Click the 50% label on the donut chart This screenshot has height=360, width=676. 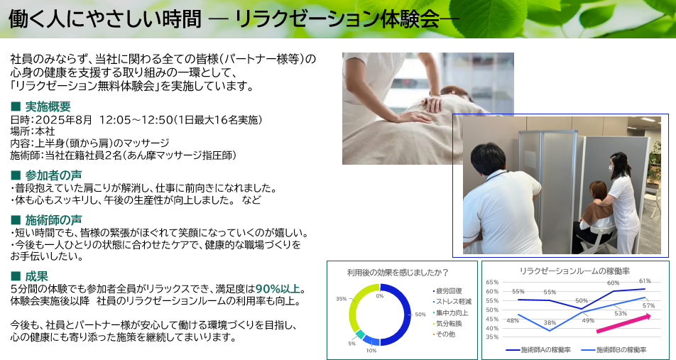[x=420, y=315]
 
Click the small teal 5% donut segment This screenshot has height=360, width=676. [x=360, y=334]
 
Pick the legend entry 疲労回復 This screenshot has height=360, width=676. [x=447, y=291]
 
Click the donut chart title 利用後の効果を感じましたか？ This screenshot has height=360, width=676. [x=398, y=273]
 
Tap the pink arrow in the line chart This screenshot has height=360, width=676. [x=623, y=324]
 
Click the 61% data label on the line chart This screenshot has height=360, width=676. [x=645, y=281]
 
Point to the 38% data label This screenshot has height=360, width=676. [x=550, y=323]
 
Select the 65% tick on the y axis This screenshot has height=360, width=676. [x=492, y=283]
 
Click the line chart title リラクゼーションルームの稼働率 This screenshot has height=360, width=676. [x=574, y=271]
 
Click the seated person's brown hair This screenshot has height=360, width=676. [x=598, y=192]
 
